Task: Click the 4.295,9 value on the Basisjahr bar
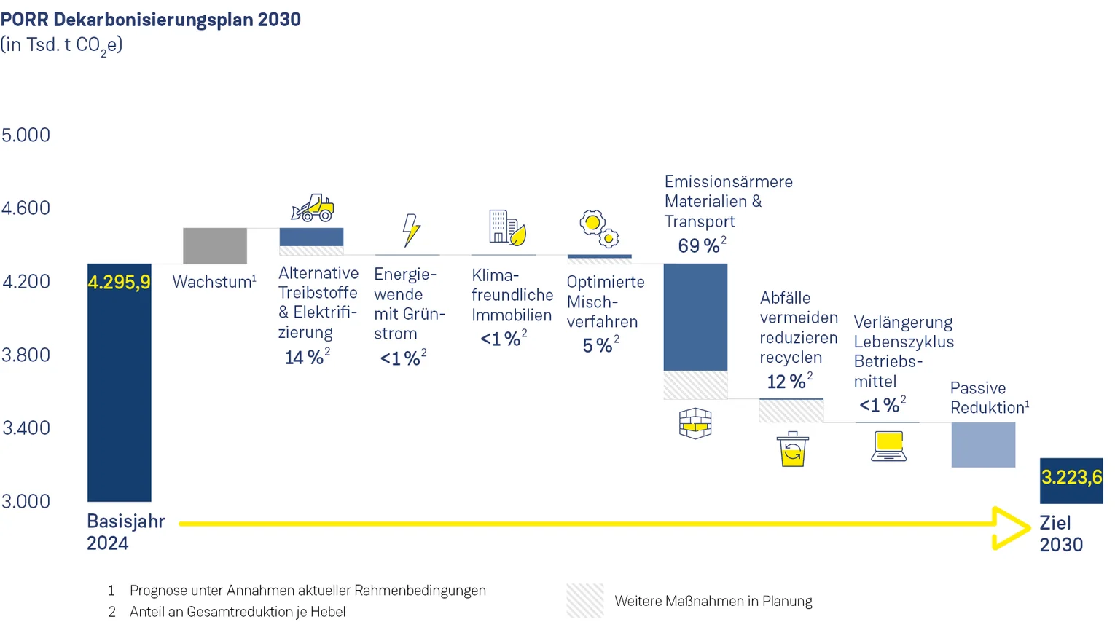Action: (119, 282)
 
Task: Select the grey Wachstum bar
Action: (215, 245)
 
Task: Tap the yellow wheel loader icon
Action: (313, 208)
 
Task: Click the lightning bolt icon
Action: (411, 229)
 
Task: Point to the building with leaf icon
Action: (507, 227)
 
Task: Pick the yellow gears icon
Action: (599, 228)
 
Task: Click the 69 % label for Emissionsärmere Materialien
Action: (698, 245)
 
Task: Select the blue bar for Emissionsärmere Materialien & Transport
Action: (695, 317)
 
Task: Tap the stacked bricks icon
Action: (695, 423)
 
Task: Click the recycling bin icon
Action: (792, 449)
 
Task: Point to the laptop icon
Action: (889, 446)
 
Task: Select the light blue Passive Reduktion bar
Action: (983, 444)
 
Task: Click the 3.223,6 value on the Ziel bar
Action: (1071, 478)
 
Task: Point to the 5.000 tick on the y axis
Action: (26, 135)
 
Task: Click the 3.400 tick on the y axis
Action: (26, 428)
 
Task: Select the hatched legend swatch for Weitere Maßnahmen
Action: (585, 600)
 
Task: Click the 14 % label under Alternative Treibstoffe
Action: (304, 358)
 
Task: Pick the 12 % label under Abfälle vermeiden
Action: (786, 382)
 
